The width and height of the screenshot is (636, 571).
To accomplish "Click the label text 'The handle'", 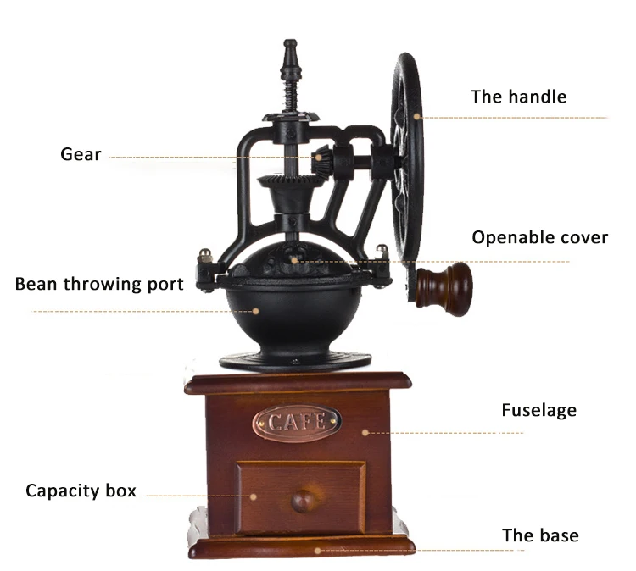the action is [x=518, y=97].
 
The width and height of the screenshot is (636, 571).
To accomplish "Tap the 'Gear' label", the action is [x=81, y=154].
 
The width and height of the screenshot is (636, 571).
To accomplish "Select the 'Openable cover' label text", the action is [x=539, y=237].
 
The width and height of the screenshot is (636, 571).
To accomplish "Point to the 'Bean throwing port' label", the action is [x=98, y=284].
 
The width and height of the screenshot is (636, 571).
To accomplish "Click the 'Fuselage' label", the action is [x=538, y=411].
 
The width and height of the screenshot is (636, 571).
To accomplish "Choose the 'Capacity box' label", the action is [x=81, y=491].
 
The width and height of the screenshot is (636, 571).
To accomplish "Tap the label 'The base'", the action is [x=540, y=535].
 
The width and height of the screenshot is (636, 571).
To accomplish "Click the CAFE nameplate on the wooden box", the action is [x=297, y=420].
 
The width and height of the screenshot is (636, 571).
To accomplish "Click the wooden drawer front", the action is [x=301, y=496].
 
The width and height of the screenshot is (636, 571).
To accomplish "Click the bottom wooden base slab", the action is [x=301, y=546].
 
